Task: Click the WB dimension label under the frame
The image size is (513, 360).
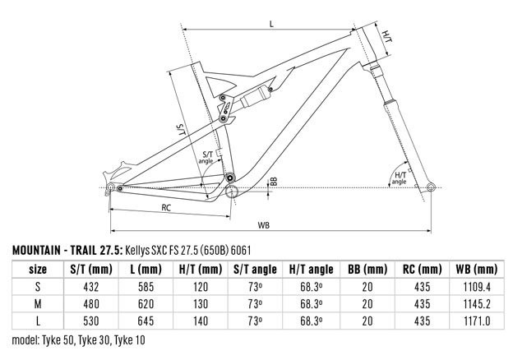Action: (x=263, y=225)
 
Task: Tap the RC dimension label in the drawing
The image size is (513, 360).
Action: (x=166, y=208)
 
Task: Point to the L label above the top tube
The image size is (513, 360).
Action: (x=271, y=24)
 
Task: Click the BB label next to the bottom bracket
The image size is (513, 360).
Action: (x=274, y=182)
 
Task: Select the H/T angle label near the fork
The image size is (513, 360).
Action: (x=400, y=178)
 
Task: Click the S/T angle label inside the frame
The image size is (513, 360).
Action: (x=206, y=157)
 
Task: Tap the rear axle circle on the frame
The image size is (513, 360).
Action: (x=111, y=187)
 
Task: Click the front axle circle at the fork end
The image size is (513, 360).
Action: (x=432, y=187)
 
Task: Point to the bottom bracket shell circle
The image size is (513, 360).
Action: (x=231, y=192)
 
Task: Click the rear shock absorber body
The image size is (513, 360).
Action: (x=255, y=97)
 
